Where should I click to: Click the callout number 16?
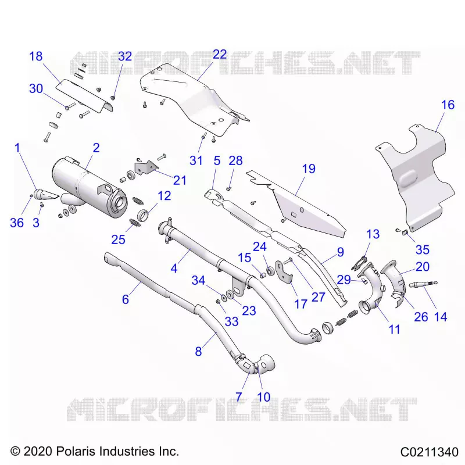[448, 105]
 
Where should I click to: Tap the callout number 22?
[220, 55]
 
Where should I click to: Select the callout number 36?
[17, 223]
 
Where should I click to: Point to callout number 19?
[309, 169]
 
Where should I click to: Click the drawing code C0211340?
[430, 452]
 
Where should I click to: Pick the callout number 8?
[198, 352]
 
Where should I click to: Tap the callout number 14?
[441, 317]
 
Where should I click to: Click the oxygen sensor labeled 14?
[423, 284]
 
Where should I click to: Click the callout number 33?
[231, 321]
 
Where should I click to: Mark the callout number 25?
[119, 239]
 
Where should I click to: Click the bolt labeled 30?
[70, 105]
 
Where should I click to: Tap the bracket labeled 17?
[284, 272]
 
